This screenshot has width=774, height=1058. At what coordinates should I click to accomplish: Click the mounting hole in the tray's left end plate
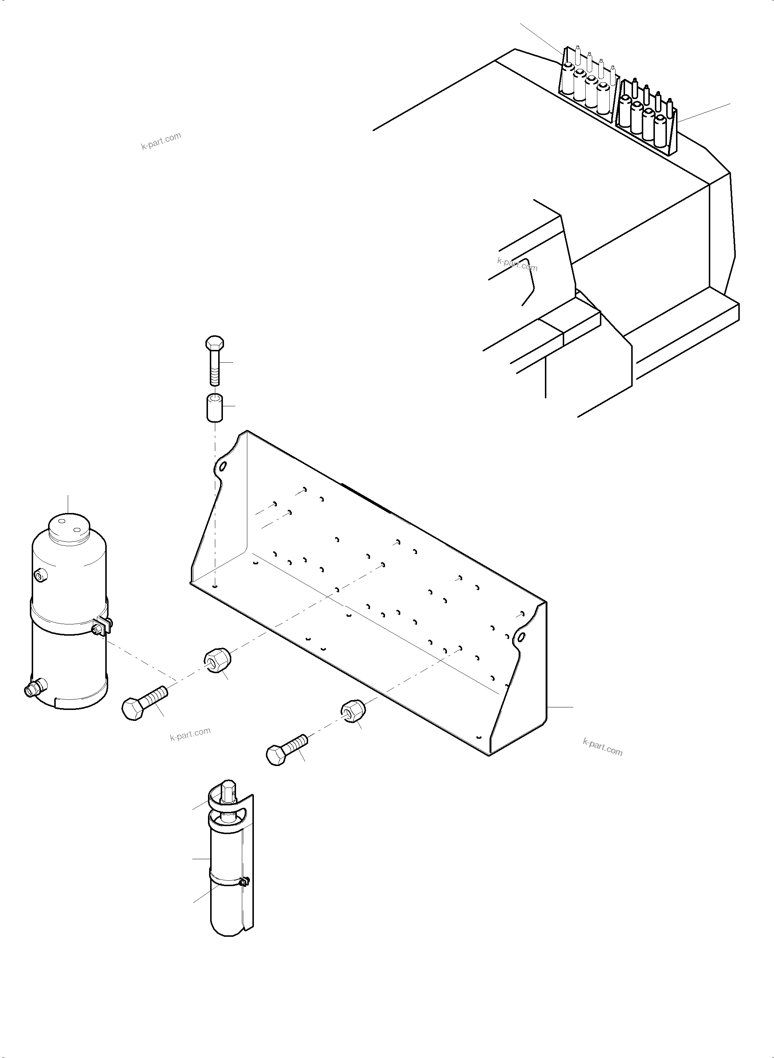[223, 466]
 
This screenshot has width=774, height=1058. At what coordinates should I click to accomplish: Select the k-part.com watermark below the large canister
[190, 734]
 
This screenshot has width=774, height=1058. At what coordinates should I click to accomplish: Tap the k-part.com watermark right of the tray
[602, 747]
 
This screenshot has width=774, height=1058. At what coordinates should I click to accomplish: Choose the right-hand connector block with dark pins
[647, 116]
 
